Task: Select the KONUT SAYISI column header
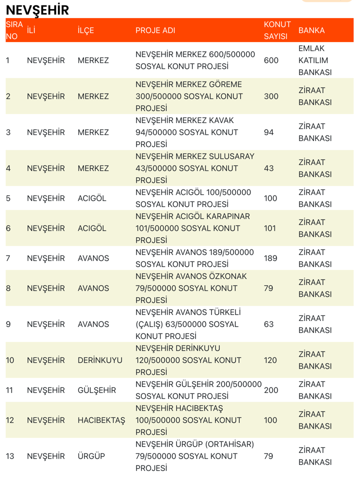(277, 30)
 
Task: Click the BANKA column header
(311, 30)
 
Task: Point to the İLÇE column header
(86, 30)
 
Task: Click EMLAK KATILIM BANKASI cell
(315, 60)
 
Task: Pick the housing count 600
(271, 60)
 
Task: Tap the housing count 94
(268, 132)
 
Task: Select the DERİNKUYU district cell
(100, 360)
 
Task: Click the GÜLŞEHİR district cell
(97, 390)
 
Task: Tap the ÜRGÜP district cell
(91, 456)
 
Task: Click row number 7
(8, 258)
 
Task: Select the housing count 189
(270, 258)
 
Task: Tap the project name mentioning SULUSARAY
(195, 168)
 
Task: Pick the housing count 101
(270, 228)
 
